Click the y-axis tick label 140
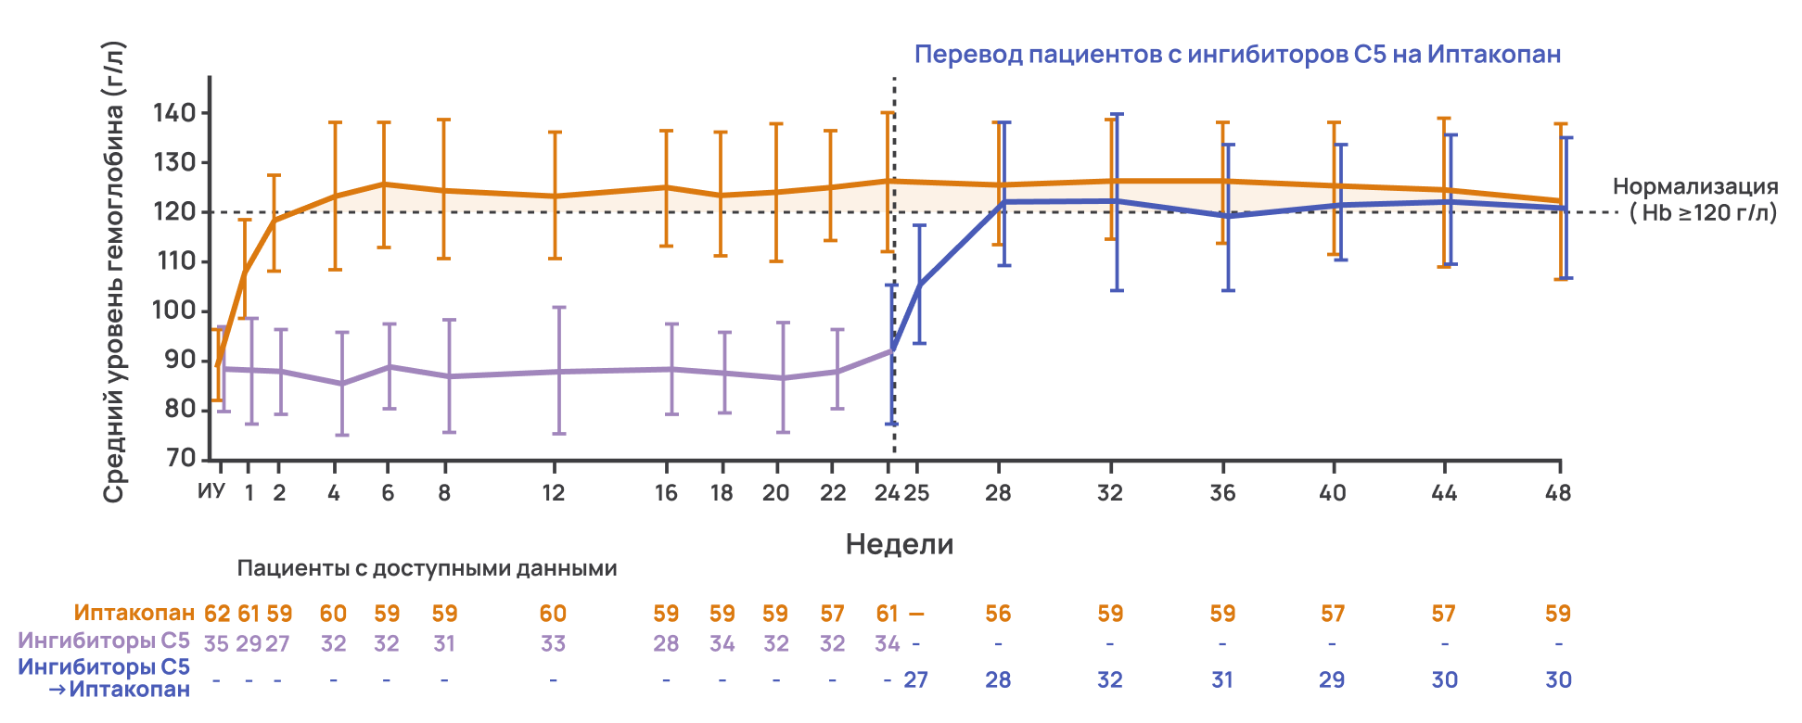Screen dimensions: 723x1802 [174, 113]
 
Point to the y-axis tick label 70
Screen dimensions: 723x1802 [181, 458]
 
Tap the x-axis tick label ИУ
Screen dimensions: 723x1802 [211, 490]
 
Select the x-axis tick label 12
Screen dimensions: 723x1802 [553, 493]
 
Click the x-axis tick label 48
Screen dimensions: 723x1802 [1558, 493]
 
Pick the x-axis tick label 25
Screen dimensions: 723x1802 [916, 493]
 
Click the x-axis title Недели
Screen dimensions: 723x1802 [900, 544]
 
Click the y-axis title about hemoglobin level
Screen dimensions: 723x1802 [113, 273]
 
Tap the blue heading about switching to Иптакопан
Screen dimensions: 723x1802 [1237, 55]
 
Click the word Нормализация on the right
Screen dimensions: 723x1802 [1695, 186]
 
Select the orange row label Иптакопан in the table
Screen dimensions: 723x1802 [134, 613]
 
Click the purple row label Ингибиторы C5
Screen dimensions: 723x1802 [104, 641]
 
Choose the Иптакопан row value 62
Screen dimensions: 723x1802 [217, 614]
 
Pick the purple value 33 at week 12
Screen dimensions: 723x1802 [553, 643]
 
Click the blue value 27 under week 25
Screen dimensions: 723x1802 [915, 679]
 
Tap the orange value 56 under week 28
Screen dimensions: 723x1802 [998, 614]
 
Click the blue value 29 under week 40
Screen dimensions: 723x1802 [1332, 679]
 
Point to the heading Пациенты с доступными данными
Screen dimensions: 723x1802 [427, 568]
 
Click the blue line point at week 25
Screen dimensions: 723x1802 [919, 285]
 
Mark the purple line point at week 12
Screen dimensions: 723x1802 [558, 372]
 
